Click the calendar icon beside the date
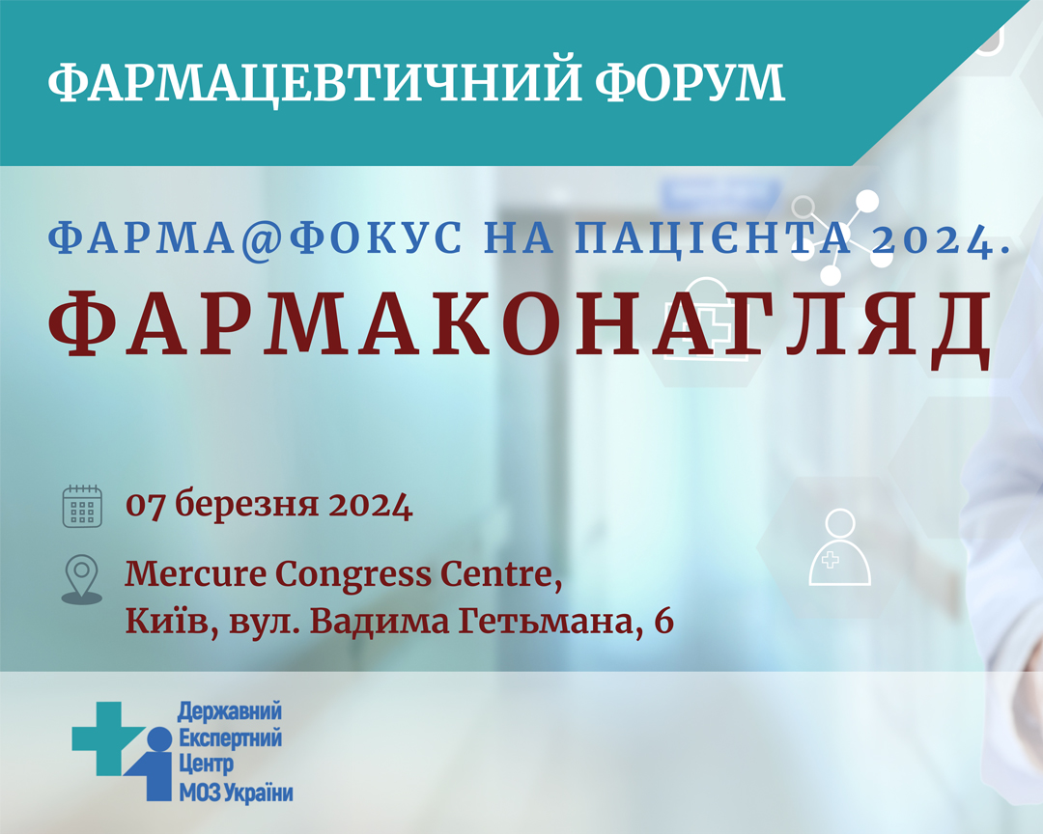pos(82,506)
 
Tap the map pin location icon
pos(82,579)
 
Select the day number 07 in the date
pos(146,506)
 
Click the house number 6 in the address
pos(663,622)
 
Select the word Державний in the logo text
pos(230,711)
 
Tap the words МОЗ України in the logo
pos(237,792)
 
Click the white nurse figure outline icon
pos(839,547)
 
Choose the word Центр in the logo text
pos(207,764)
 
